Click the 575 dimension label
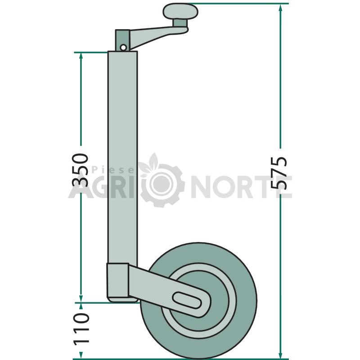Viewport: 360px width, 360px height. (279, 173)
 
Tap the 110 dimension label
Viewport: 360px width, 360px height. (81, 329)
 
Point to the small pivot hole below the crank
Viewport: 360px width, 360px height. (123, 48)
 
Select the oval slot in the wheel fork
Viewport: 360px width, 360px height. (187, 300)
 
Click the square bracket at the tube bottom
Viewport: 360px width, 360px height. (117, 280)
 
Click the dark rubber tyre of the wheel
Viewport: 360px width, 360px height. (199, 301)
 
